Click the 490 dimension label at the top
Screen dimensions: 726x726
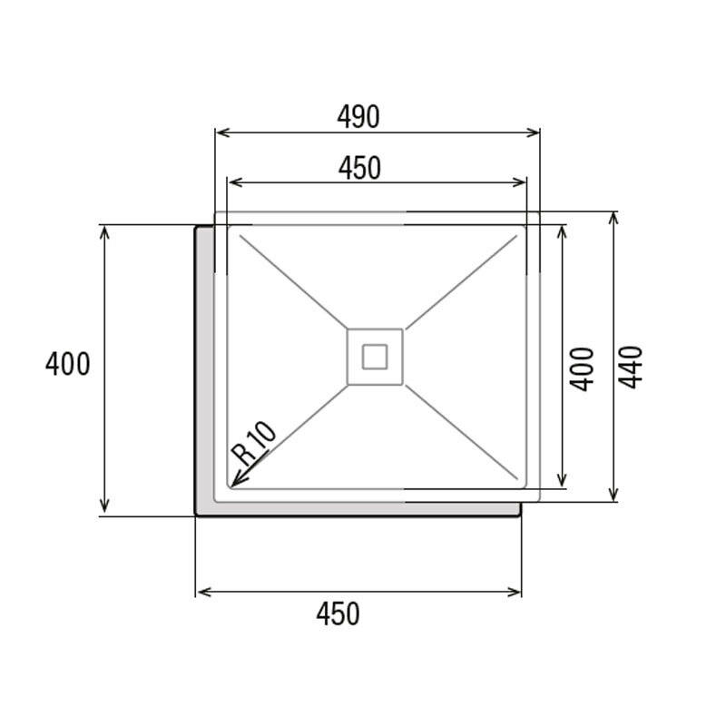point(358,116)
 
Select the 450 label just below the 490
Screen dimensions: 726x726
point(359,168)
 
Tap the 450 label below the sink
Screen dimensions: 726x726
point(338,614)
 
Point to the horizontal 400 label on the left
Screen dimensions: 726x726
point(68,365)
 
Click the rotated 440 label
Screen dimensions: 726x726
point(632,368)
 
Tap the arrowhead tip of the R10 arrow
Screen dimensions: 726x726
point(234,486)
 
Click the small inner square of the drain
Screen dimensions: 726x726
point(375,356)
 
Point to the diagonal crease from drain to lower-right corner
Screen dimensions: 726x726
point(463,432)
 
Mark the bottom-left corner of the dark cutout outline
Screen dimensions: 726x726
point(197,515)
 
